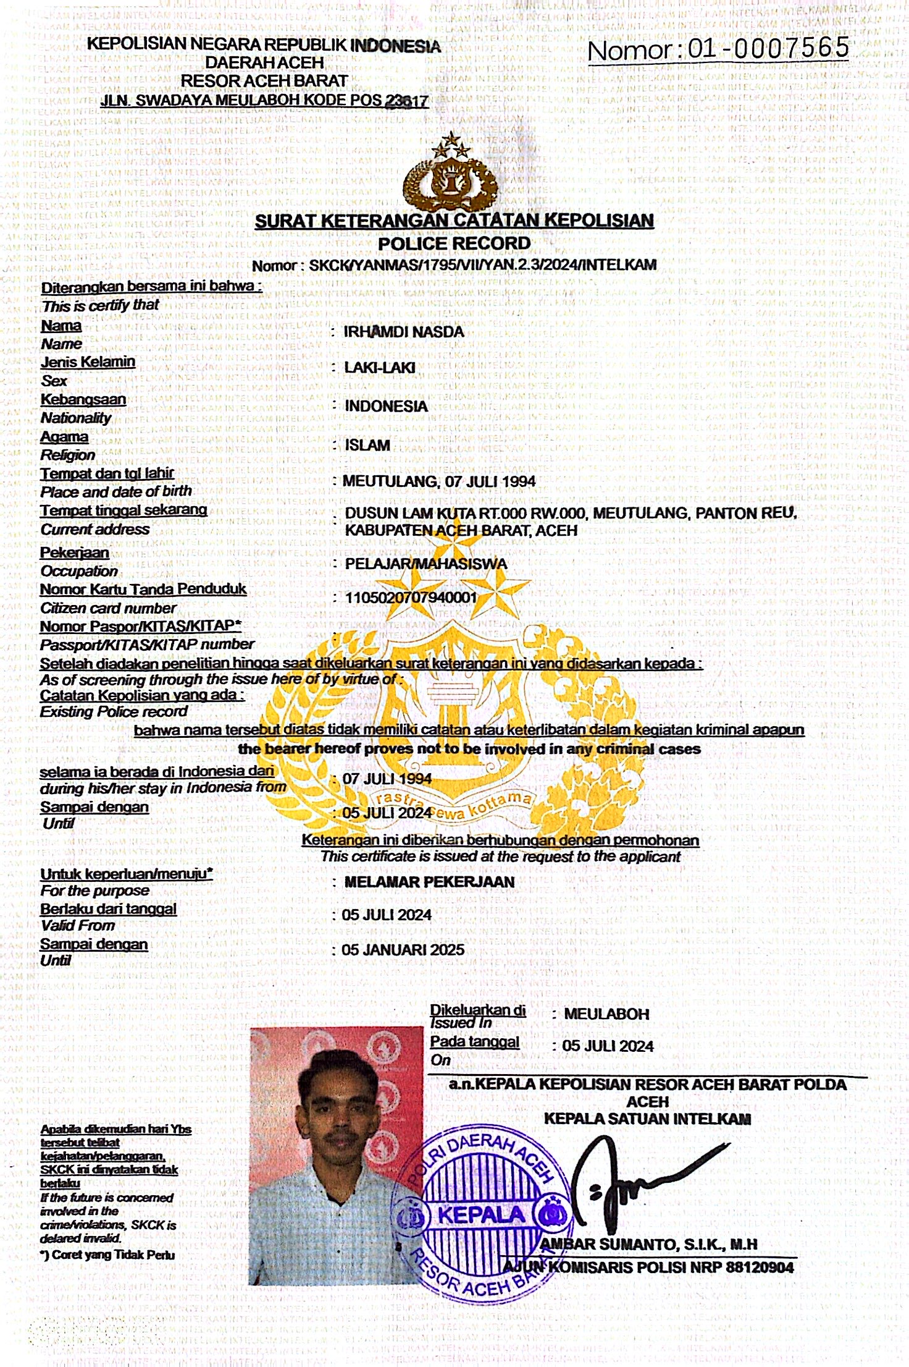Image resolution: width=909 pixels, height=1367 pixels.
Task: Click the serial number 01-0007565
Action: point(768,48)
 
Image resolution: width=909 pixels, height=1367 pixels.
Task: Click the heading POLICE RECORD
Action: point(454,243)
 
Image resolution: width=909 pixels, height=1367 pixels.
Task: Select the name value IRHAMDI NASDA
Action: point(403,332)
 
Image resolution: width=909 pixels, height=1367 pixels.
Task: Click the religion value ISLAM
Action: point(367,445)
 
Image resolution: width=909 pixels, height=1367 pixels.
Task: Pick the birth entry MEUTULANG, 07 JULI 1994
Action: point(439,481)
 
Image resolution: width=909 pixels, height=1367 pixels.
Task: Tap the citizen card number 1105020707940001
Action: point(411,598)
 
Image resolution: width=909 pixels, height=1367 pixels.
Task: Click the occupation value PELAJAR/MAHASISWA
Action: point(425,564)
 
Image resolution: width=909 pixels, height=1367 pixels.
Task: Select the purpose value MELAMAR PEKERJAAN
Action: point(429,882)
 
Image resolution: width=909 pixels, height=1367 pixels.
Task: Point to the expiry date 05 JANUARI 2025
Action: point(403,950)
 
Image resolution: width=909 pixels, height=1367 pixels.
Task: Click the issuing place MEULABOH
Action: point(606,1014)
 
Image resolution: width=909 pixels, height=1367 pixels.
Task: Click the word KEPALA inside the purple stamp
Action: point(481,1214)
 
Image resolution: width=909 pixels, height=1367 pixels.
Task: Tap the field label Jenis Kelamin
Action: point(88,362)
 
